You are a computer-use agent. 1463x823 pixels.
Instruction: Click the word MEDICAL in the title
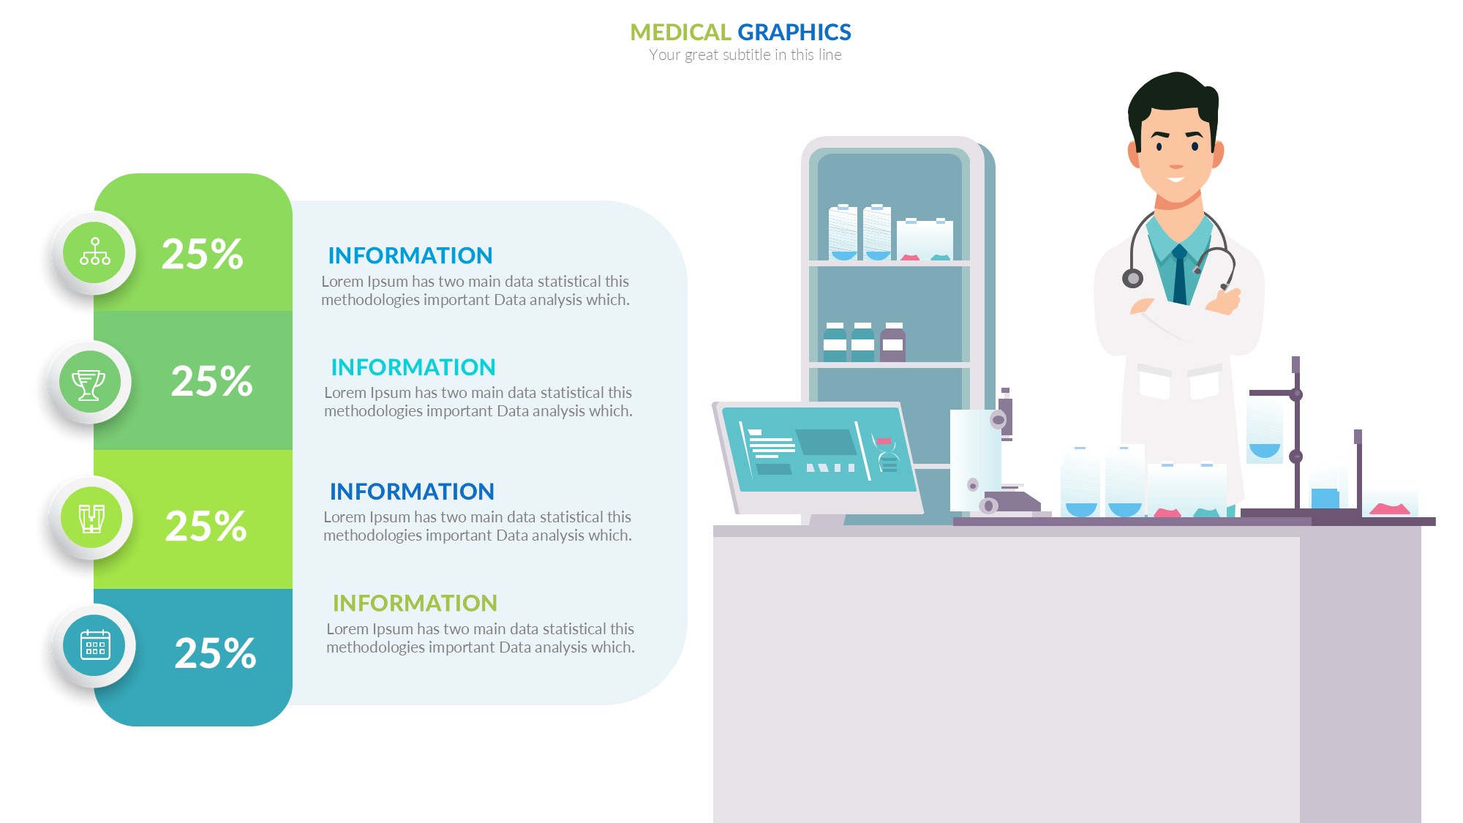680,32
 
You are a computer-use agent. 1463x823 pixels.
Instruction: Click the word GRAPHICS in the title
794,32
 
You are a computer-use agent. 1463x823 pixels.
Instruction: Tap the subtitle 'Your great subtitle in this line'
745,55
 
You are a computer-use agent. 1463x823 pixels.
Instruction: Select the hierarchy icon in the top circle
95,252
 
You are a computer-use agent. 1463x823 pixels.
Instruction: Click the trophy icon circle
89,383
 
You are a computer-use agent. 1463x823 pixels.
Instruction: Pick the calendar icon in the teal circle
95,645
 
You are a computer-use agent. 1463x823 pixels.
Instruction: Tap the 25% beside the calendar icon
215,653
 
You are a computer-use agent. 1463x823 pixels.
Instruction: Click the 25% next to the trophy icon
212,381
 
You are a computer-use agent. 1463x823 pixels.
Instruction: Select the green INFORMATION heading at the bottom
415,603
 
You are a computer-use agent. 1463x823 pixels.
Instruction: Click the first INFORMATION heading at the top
410,255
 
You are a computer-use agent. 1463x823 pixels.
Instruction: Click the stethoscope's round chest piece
1132,278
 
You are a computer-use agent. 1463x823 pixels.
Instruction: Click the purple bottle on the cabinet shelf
892,342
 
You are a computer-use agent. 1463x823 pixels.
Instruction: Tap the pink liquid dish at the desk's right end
1389,508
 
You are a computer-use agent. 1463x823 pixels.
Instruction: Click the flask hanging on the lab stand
1265,428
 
